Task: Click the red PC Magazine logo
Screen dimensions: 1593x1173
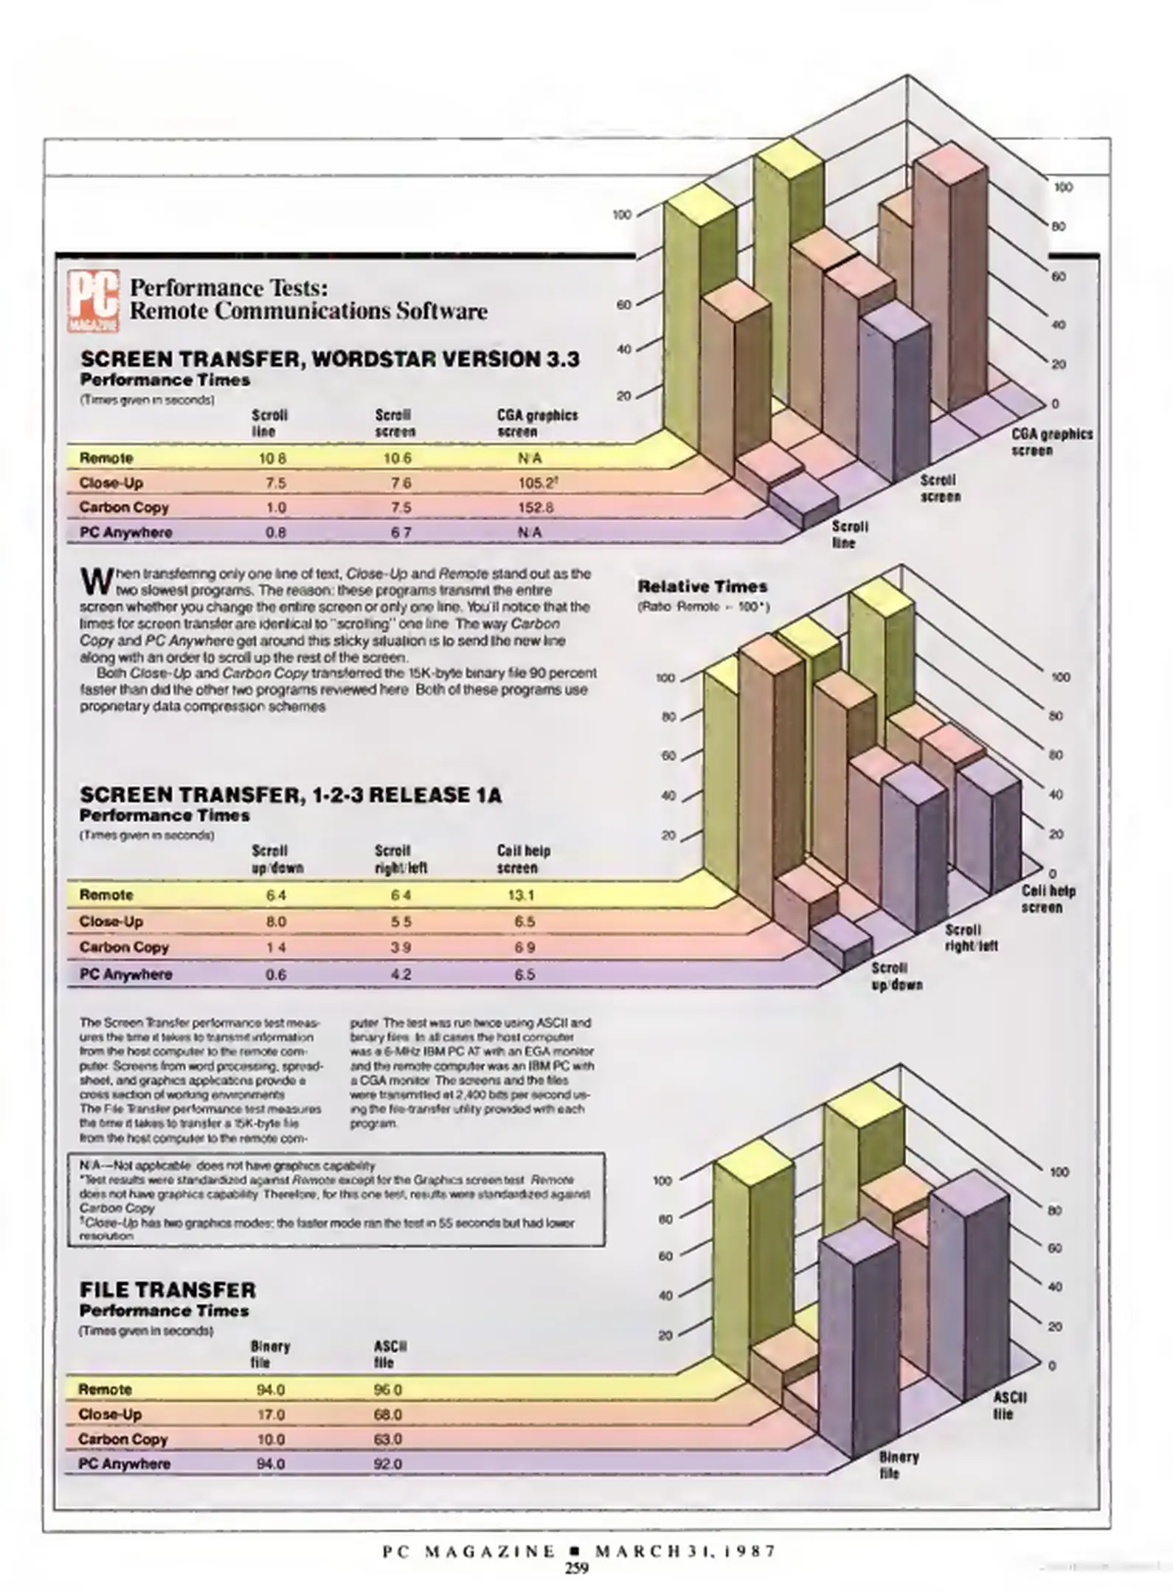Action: click(94, 302)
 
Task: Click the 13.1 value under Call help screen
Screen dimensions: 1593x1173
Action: click(521, 895)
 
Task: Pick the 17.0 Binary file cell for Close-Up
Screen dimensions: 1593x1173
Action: click(270, 1415)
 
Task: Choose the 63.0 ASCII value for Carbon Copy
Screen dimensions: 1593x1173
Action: click(388, 1439)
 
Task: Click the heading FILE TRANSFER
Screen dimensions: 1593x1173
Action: click(167, 1290)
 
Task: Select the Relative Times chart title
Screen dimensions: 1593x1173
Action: click(702, 587)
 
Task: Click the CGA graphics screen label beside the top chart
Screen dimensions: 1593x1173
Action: click(1051, 442)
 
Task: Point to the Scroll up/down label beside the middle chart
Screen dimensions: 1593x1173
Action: click(896, 976)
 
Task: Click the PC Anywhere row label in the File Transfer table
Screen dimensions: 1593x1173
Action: click(124, 1464)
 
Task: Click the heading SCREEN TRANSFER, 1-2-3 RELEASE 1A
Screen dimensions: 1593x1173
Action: click(291, 795)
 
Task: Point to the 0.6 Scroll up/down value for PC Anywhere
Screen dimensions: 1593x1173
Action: click(276, 974)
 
